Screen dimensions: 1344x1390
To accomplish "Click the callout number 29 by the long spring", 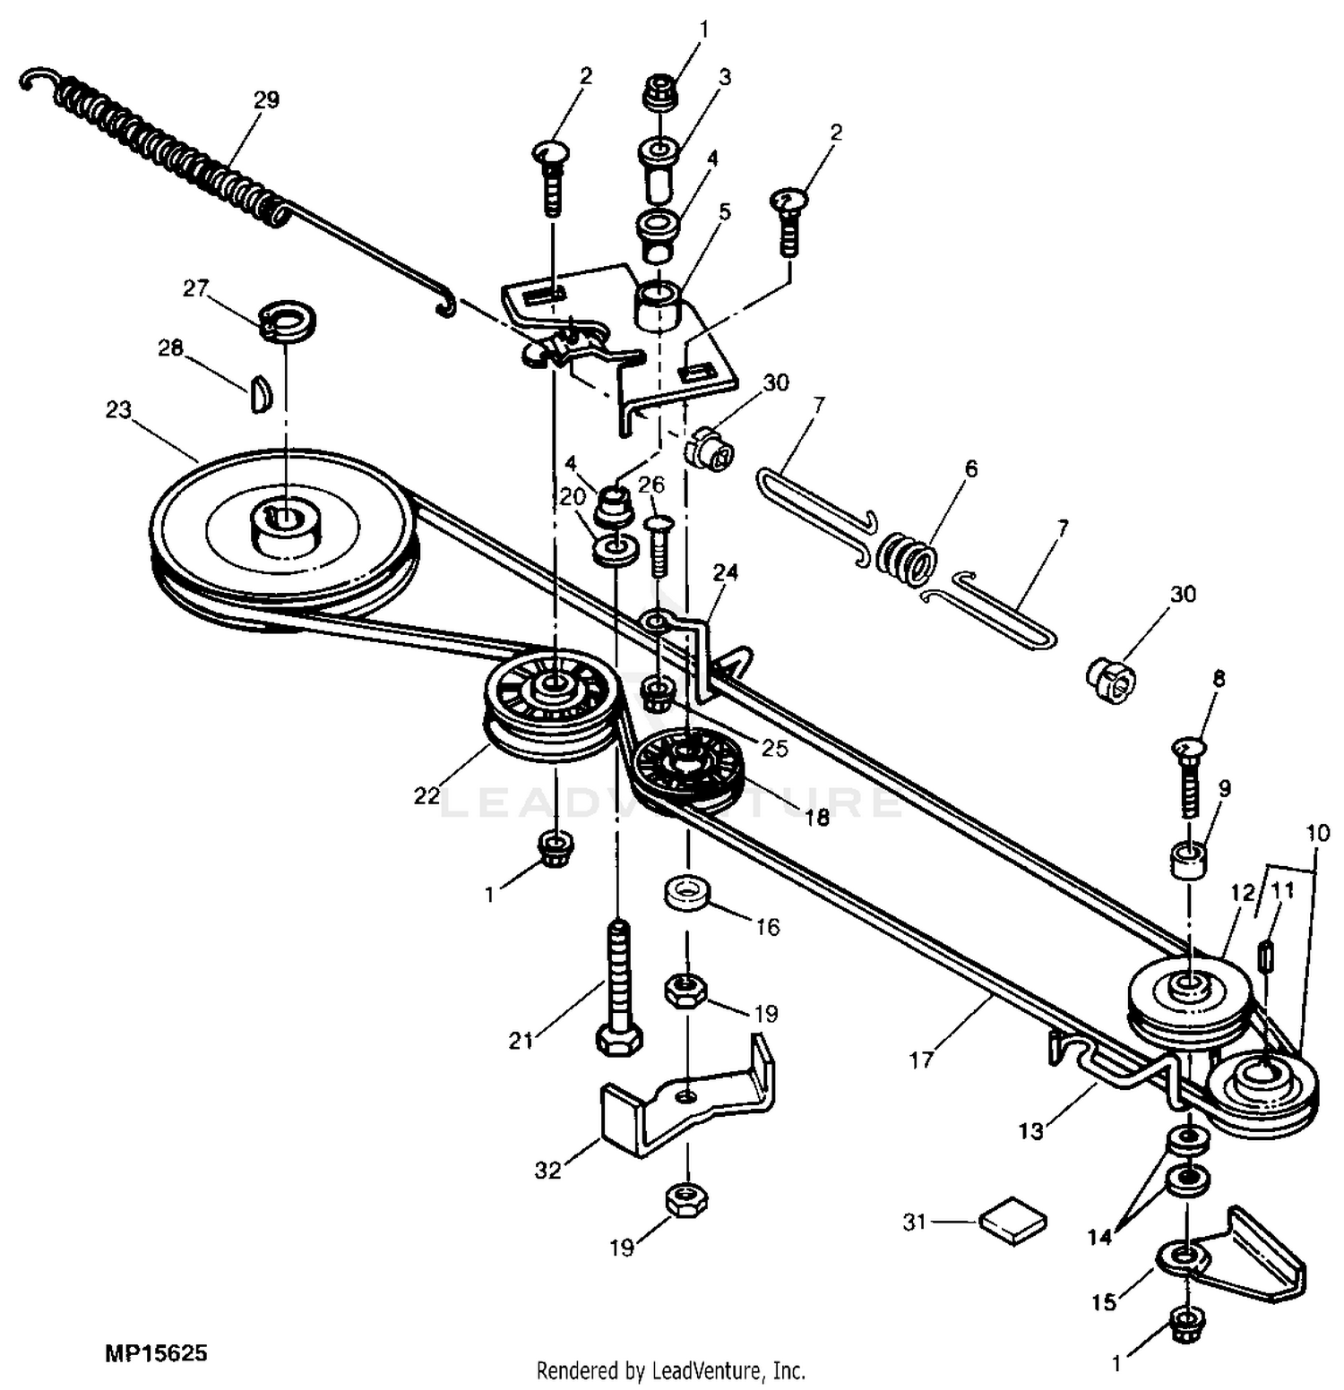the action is (266, 99).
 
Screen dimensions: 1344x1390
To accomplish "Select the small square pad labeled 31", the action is (1013, 1220).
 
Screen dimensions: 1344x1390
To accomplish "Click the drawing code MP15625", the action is (156, 1351).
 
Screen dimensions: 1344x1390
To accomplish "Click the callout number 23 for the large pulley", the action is (118, 410).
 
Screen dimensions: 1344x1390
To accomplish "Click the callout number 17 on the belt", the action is (921, 1060).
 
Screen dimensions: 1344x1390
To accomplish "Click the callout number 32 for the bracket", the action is (547, 1170).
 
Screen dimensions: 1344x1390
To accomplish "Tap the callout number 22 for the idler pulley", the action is (426, 795).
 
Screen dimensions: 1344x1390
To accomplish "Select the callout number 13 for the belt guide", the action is (1031, 1131).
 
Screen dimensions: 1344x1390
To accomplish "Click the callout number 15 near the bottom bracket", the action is (1104, 1300).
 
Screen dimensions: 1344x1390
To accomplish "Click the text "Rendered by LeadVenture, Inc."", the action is (671, 1370).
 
